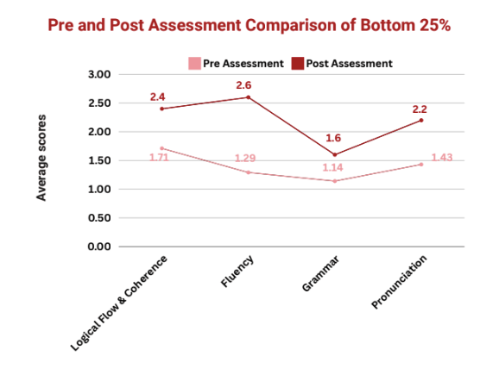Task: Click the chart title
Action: (x=249, y=25)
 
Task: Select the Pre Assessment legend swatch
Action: (x=194, y=63)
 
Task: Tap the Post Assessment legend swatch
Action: (x=298, y=63)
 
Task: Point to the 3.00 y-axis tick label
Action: (x=99, y=75)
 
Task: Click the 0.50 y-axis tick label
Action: (x=99, y=218)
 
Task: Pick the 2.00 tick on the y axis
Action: (x=99, y=132)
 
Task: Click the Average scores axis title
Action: (x=41, y=158)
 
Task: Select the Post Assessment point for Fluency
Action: (x=249, y=97)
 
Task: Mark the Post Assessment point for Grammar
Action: (x=334, y=155)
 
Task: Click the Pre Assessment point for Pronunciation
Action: (x=421, y=165)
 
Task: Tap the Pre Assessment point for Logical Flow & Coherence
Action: (x=161, y=148)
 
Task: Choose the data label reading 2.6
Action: (x=243, y=85)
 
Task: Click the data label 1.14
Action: (x=332, y=167)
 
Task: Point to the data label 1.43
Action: (x=442, y=157)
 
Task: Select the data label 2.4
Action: (x=157, y=97)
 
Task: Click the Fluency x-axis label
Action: (x=237, y=271)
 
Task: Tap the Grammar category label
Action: (x=320, y=273)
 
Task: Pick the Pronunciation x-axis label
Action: (x=399, y=282)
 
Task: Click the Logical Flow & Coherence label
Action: (x=118, y=303)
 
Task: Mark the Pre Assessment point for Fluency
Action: (x=249, y=172)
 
